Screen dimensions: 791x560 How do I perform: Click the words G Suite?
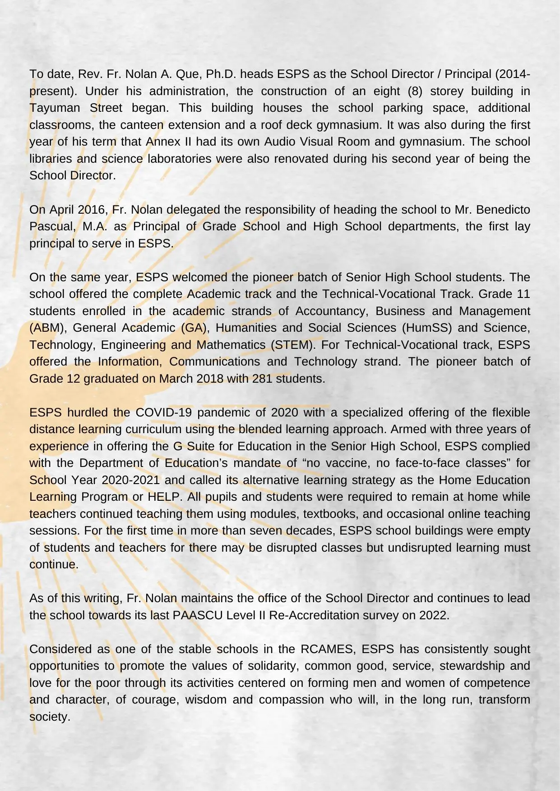(190, 446)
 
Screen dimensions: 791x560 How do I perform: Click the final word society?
(50, 717)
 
